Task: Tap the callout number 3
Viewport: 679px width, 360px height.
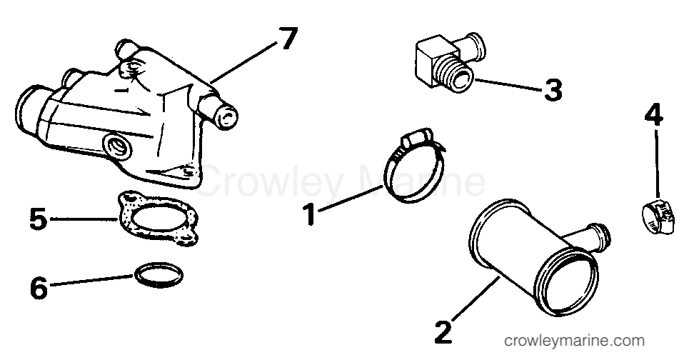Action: (553, 91)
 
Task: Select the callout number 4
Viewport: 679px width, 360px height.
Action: (653, 115)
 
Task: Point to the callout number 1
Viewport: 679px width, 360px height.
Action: (309, 215)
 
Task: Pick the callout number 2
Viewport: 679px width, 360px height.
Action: (443, 332)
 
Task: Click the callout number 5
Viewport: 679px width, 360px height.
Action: (38, 219)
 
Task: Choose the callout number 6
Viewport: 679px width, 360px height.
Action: (39, 288)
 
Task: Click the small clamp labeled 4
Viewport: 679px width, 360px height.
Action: (658, 216)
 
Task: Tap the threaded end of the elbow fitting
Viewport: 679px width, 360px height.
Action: (456, 76)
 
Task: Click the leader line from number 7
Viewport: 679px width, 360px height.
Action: (243, 61)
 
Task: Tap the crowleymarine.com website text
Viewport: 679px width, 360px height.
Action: (574, 341)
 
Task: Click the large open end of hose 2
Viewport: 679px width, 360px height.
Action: (566, 281)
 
